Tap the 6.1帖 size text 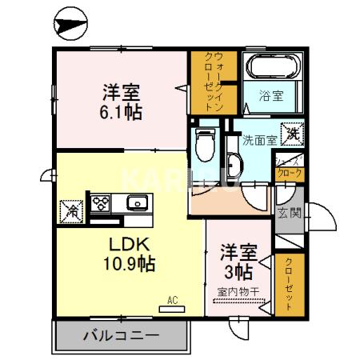tap(122, 113)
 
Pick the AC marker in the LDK tap(171, 301)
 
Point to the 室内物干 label tap(239, 292)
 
